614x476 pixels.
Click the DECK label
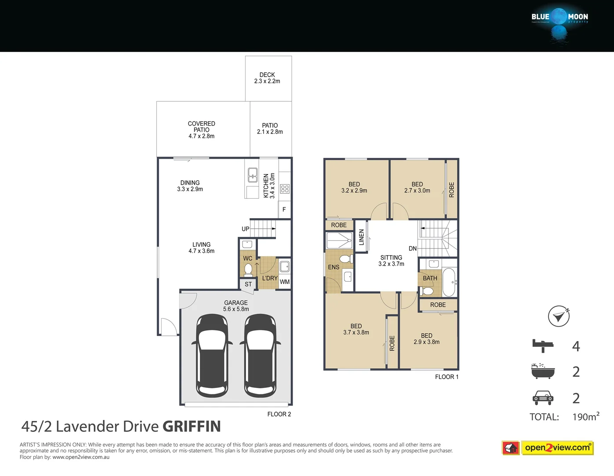click(267, 75)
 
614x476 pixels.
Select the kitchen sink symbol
click(253, 175)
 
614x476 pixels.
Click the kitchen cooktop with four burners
click(285, 189)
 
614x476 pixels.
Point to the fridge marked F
click(284, 210)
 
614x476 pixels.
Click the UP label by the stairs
click(245, 229)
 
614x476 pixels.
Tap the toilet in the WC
click(248, 269)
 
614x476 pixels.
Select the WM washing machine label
click(285, 282)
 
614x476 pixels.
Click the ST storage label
click(248, 284)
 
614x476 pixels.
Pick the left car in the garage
click(212, 355)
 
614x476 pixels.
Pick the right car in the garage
click(260, 355)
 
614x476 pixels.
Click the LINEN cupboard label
click(361, 237)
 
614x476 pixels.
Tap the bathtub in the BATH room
click(449, 282)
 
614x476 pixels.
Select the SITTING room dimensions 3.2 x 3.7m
click(391, 264)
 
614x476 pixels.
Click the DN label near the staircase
click(412, 249)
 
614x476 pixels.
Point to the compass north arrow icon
click(559, 316)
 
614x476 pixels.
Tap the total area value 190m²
click(585, 416)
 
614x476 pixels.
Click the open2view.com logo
click(557, 448)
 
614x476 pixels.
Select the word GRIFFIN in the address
click(191, 426)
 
